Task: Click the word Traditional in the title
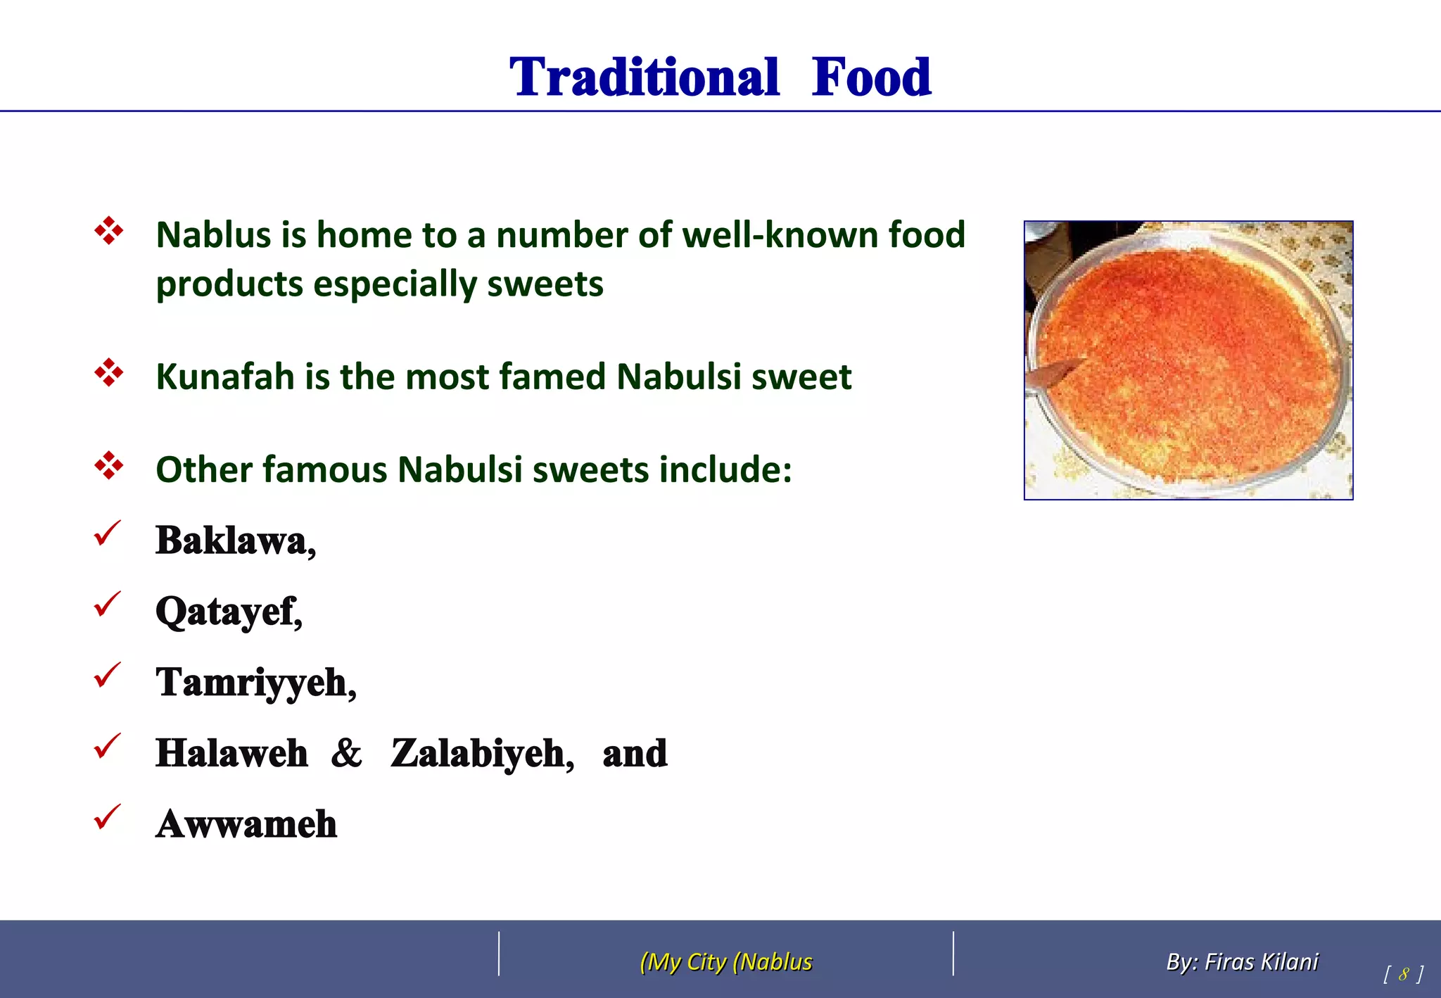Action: [644, 77]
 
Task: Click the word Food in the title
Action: [871, 77]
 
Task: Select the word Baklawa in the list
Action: [231, 541]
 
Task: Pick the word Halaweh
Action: [231, 753]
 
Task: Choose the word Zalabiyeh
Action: [479, 753]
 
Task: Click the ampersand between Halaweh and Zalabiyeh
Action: [346, 753]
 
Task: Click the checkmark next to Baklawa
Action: [107, 533]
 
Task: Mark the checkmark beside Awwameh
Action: [107, 817]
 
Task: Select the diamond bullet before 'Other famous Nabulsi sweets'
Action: [109, 466]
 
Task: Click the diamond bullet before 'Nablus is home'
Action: [109, 231]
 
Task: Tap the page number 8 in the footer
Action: [1403, 974]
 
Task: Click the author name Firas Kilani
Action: [1261, 961]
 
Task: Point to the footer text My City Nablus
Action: [726, 961]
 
